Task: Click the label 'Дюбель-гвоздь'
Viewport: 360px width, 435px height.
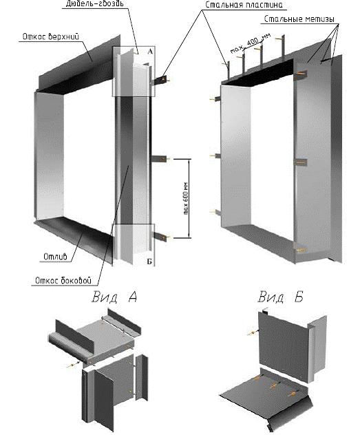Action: point(94,4)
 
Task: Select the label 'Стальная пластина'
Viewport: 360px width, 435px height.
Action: point(244,5)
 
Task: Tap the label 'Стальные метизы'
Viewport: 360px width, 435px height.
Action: point(299,19)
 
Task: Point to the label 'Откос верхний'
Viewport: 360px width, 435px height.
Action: point(51,36)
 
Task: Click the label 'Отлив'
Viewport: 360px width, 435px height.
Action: point(55,257)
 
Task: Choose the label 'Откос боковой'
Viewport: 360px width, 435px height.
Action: point(63,280)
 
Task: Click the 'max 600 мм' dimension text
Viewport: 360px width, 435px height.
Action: point(186,198)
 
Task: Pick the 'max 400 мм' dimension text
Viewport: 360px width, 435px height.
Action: point(250,44)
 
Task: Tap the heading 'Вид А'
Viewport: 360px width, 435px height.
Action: point(114,297)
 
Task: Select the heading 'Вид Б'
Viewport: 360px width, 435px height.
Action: point(280,297)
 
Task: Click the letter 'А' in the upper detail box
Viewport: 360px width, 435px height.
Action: point(150,52)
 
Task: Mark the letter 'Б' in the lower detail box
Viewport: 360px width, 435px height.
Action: point(149,262)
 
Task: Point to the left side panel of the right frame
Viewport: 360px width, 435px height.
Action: point(235,156)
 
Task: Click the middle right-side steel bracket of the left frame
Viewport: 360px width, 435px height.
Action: point(159,159)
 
